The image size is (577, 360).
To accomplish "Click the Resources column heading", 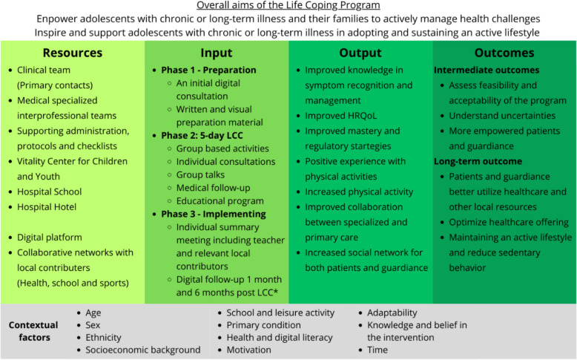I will point(72,53).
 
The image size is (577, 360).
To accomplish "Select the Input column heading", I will point(217,53).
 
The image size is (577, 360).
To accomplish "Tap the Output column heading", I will point(360,53).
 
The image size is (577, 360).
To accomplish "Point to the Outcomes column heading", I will point(504,53).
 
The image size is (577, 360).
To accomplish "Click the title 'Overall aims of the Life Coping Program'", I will point(288,6).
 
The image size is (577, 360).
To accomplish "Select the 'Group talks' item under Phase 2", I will point(205,174).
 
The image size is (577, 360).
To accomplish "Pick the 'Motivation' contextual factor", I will point(250,350).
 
